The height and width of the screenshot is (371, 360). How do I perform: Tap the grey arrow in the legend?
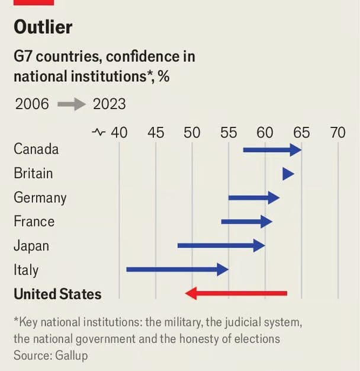(72, 104)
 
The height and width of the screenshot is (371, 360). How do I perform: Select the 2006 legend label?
(32, 104)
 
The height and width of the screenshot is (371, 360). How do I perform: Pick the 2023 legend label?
(110, 104)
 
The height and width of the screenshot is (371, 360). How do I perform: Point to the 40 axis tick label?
(119, 132)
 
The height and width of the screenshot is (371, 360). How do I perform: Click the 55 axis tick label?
(229, 132)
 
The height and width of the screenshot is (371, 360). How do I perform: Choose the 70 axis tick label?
(337, 132)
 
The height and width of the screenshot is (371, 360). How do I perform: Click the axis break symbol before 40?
(99, 132)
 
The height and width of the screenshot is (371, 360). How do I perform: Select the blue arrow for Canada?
(272, 149)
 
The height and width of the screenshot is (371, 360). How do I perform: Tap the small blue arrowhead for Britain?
(288, 174)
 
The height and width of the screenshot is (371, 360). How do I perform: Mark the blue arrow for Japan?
(221, 245)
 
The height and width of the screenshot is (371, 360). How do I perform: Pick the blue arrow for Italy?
(177, 270)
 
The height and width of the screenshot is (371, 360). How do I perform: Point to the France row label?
(34, 222)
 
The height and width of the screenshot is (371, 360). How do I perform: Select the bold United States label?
(57, 294)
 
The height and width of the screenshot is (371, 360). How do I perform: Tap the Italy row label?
(26, 270)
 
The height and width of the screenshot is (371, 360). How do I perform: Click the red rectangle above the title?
(34, 2)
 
